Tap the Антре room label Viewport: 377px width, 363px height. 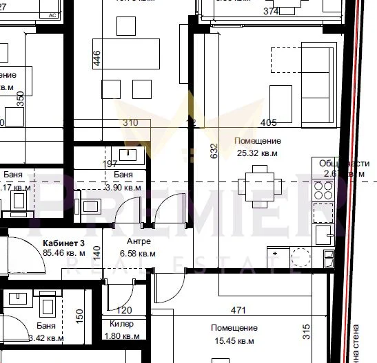(139, 242)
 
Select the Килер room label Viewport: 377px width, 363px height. (121, 323)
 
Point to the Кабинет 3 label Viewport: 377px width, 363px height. (63, 243)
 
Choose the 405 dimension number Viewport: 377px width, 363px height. (269, 123)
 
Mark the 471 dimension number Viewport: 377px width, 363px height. (237, 311)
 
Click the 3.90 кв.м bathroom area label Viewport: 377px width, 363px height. (123, 187)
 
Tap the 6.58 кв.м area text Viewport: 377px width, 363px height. (139, 253)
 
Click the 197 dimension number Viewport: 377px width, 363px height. (111, 164)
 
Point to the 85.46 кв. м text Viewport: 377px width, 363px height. (63, 253)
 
